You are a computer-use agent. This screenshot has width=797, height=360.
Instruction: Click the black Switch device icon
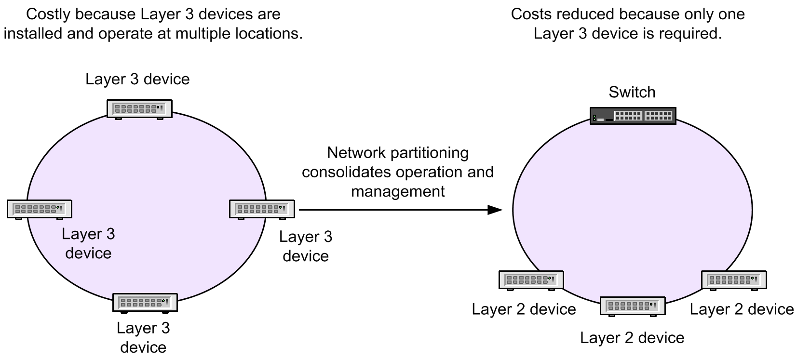pyautogui.click(x=633, y=116)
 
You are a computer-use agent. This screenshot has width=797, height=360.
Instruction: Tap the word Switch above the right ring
pyautogui.click(x=632, y=92)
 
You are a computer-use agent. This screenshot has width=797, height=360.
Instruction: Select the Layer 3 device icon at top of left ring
pyautogui.click(x=139, y=109)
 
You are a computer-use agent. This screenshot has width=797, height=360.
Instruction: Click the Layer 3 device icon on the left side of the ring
pyautogui.click(x=40, y=209)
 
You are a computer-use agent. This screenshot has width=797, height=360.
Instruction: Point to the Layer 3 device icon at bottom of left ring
pyautogui.click(x=145, y=303)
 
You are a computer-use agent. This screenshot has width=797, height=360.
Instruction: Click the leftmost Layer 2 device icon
pyautogui.click(x=530, y=280)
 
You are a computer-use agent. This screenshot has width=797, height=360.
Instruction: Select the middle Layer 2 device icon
pyautogui.click(x=633, y=306)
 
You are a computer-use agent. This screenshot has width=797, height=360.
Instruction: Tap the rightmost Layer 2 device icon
pyautogui.click(x=733, y=280)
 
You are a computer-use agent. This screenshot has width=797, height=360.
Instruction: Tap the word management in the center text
pyautogui.click(x=398, y=191)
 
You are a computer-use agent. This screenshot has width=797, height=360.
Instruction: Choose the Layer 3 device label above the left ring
pyautogui.click(x=137, y=79)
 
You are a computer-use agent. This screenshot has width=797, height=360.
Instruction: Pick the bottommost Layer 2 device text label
pyautogui.click(x=632, y=338)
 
